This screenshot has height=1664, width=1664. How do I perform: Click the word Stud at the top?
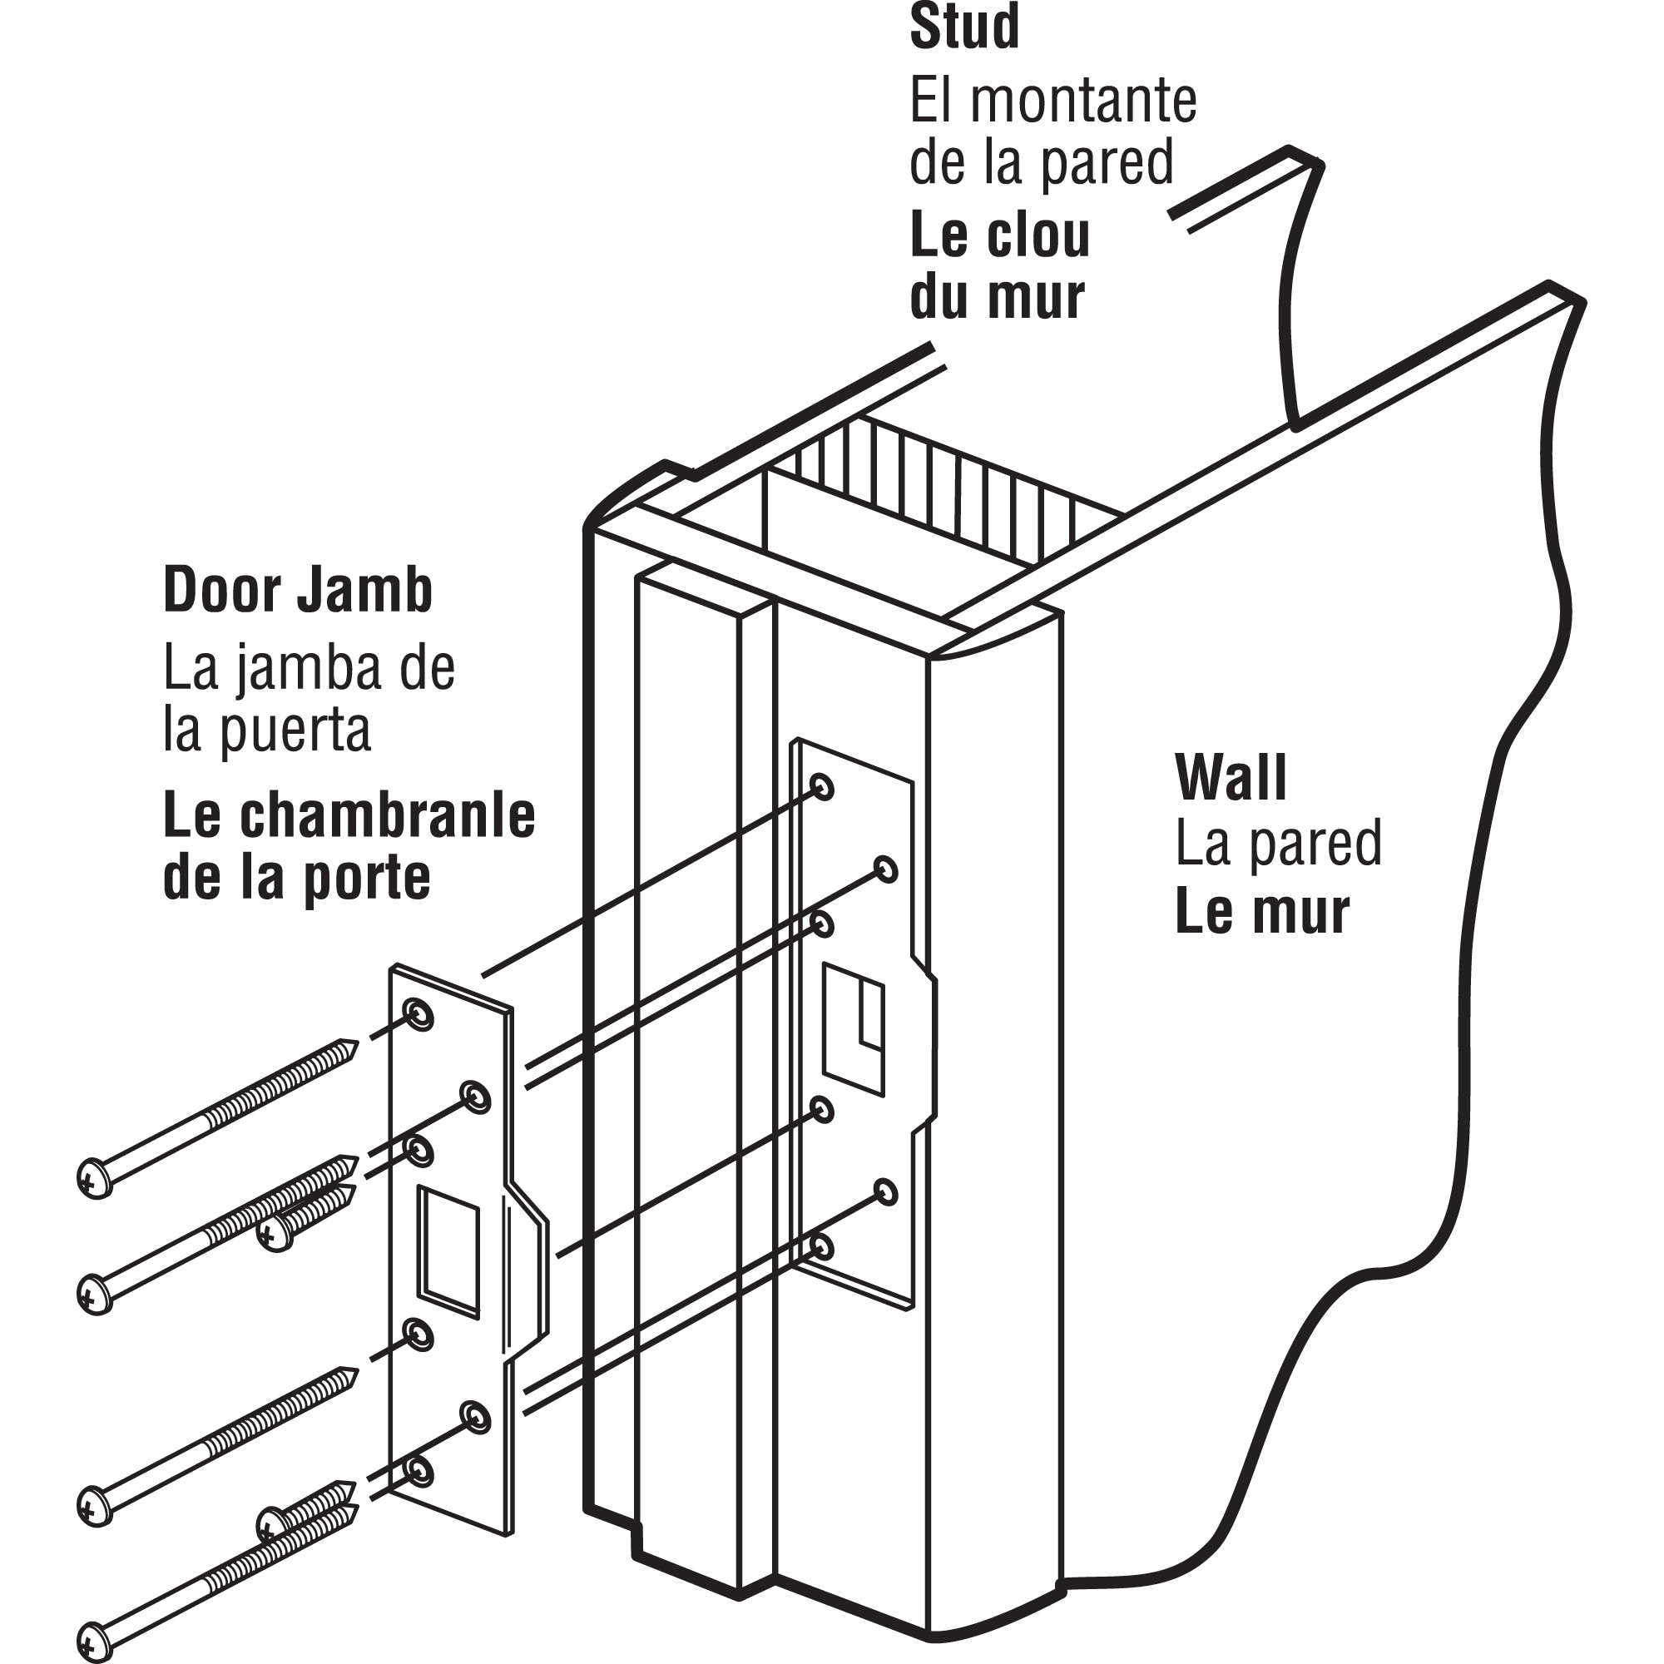(963, 27)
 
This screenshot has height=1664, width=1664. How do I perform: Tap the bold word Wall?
(1231, 777)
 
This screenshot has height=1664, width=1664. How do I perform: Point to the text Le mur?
(1262, 913)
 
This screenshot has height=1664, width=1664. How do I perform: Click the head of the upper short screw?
(275, 1234)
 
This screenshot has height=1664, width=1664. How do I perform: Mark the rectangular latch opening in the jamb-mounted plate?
(854, 1030)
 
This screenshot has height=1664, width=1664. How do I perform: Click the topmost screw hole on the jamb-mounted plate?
(823, 785)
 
